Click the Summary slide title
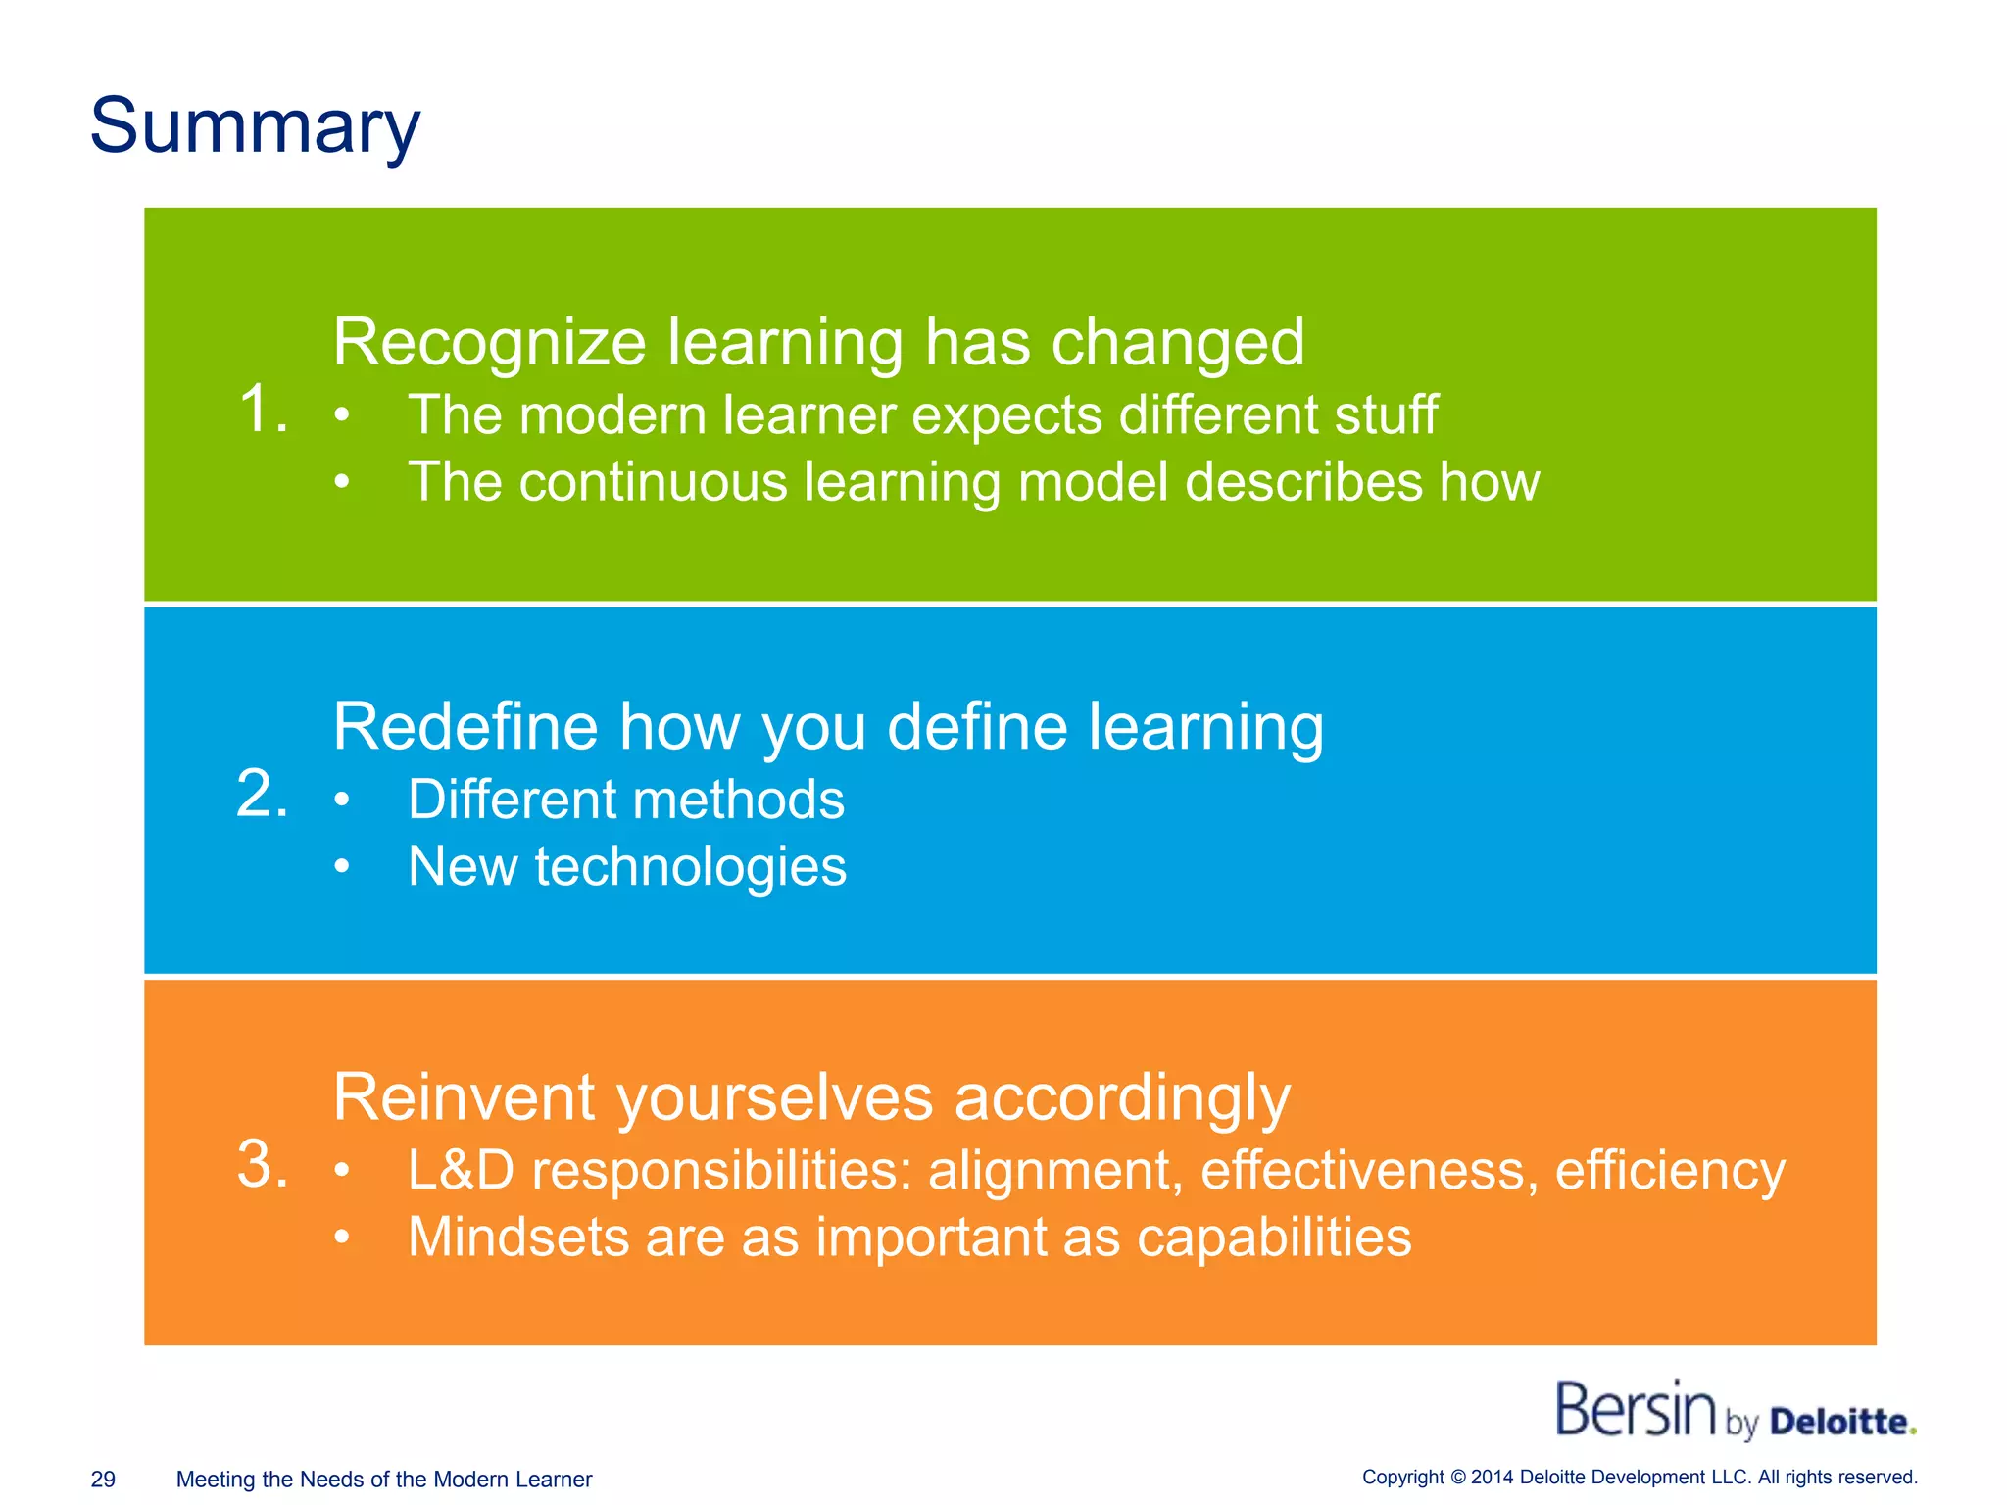click(255, 127)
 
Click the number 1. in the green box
click(263, 409)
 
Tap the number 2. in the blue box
click(263, 794)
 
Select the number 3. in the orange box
click(263, 1165)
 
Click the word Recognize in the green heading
click(489, 343)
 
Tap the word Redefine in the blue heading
click(465, 727)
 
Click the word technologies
click(690, 867)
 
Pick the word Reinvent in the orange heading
click(464, 1097)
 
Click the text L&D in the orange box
click(461, 1170)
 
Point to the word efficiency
click(1670, 1170)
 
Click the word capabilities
click(1274, 1238)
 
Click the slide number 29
click(103, 1480)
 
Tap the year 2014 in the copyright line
click(1493, 1478)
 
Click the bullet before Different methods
click(341, 801)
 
